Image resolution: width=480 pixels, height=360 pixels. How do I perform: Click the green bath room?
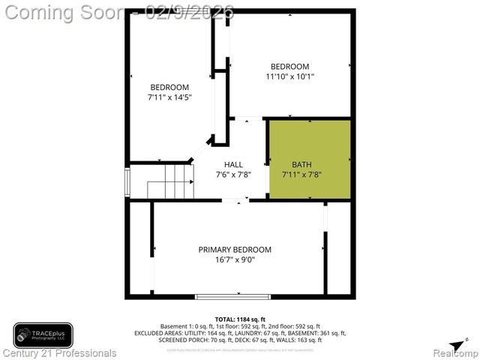coord(310,159)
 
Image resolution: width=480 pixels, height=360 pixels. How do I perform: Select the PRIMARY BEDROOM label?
coord(235,250)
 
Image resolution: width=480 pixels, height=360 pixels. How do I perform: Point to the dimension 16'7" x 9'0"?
coord(235,260)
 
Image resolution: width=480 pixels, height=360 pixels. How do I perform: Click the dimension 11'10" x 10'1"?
coord(289,76)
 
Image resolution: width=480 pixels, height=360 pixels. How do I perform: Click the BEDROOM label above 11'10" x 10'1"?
coord(289,66)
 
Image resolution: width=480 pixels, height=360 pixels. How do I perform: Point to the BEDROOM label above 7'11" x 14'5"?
coord(169,86)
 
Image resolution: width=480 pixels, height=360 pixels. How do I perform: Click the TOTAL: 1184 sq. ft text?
coord(240,319)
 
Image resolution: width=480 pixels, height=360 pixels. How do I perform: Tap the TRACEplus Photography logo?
coord(43,334)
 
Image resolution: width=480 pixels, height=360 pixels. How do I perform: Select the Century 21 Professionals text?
coord(60,352)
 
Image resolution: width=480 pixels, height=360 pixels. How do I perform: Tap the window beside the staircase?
coord(127,181)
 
